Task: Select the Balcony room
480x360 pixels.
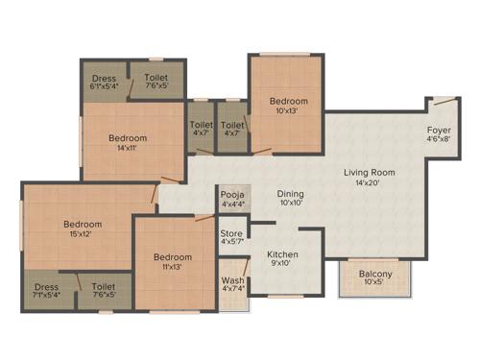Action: click(x=376, y=278)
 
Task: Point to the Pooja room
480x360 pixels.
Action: click(x=234, y=198)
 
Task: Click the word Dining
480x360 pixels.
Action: click(x=291, y=193)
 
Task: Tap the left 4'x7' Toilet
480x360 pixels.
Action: click(x=201, y=129)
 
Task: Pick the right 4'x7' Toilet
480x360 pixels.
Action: click(x=232, y=129)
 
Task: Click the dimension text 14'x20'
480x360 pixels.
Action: click(x=370, y=181)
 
